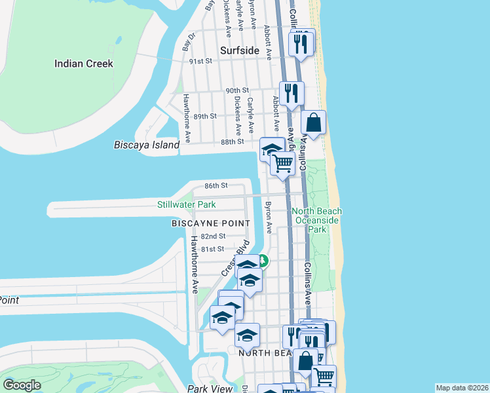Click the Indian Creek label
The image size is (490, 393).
coord(84,64)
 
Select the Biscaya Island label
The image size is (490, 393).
coord(146,145)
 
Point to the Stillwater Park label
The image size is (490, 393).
coord(186,204)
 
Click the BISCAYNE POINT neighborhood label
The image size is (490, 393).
coord(210,223)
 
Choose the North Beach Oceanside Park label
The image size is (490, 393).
coord(317,220)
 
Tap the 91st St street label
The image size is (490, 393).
coord(201,61)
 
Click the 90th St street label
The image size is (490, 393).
coord(237,90)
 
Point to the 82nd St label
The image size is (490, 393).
coord(213,236)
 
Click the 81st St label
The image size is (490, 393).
coord(212,249)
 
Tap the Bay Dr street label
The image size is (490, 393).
coord(189,43)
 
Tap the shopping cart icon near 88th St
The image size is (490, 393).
coord(282,164)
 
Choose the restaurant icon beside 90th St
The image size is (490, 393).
coord(292,92)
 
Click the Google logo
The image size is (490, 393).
coord(22,384)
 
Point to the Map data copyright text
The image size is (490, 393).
coord(461,388)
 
